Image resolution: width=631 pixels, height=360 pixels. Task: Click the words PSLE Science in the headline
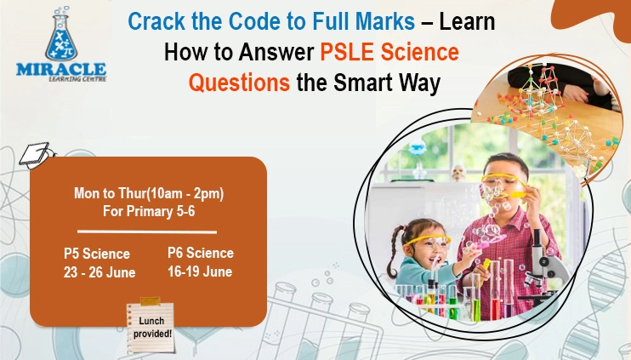point(389,54)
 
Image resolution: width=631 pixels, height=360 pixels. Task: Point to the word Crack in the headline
point(156,21)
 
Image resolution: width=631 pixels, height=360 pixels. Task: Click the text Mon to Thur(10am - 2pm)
point(149,193)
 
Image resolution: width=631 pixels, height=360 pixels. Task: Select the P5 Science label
point(97,254)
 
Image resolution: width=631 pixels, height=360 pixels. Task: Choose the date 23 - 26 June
point(99,272)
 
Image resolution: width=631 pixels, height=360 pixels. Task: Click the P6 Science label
point(201,253)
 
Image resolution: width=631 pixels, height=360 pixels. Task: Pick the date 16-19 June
point(201,271)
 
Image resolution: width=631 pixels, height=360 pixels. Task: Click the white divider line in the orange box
point(147,231)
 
